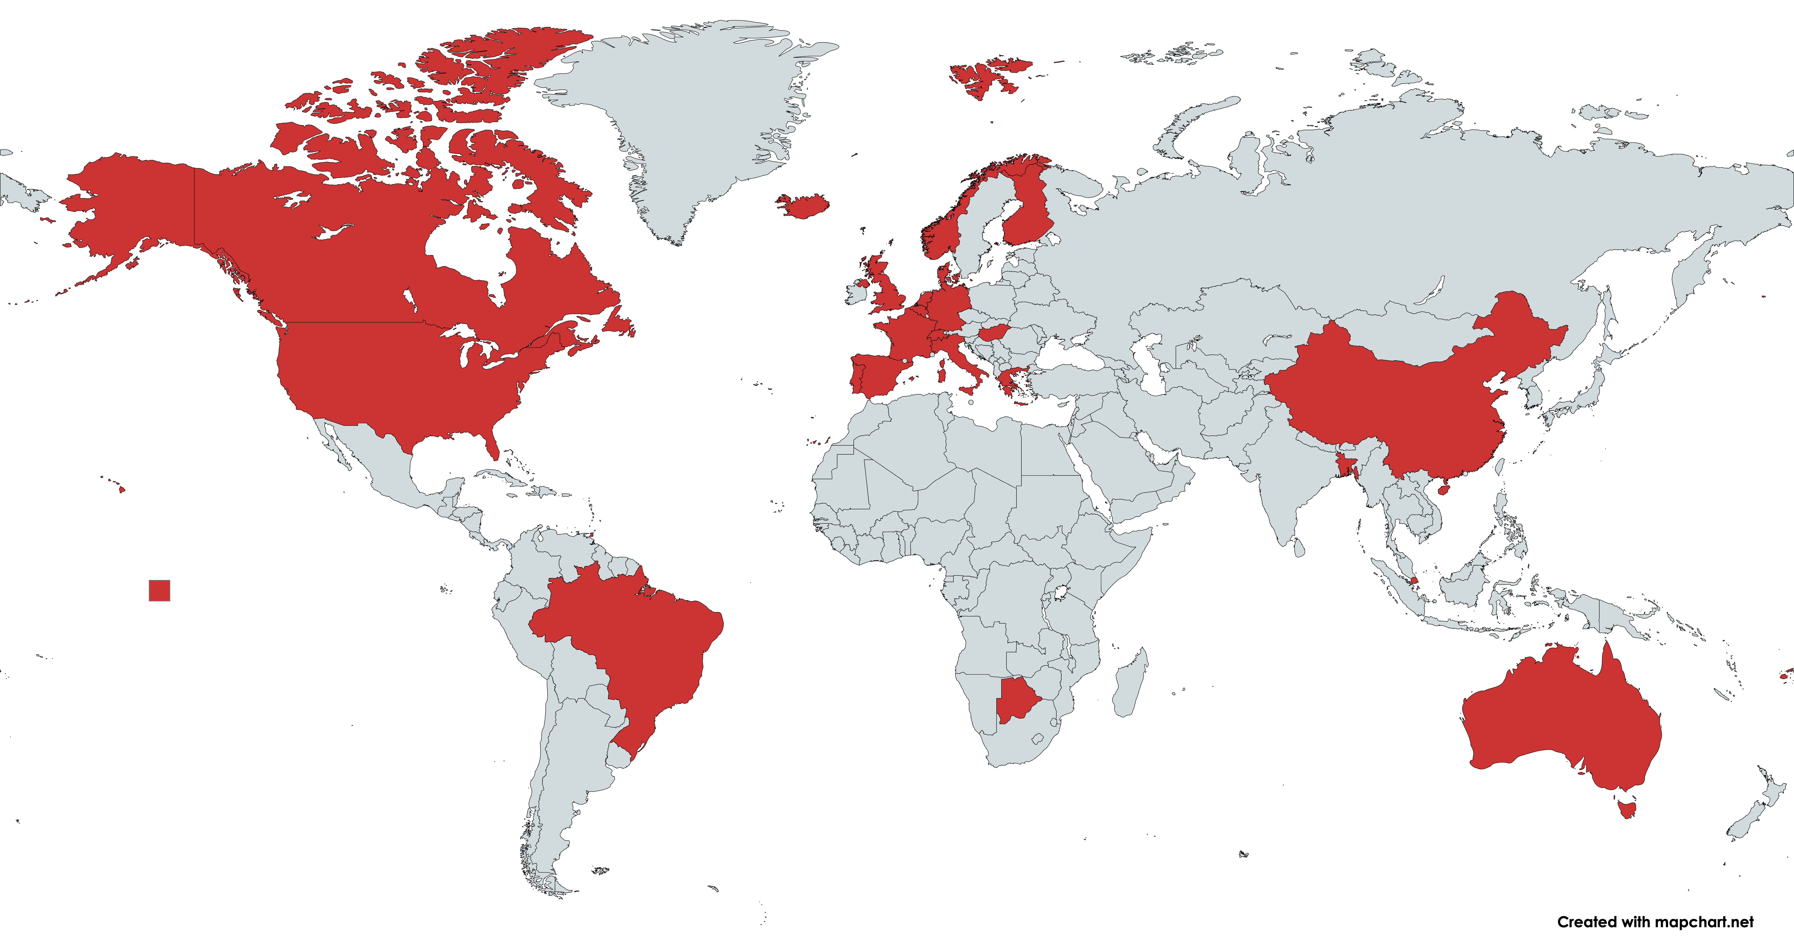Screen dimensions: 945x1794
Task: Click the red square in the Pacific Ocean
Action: coord(159,591)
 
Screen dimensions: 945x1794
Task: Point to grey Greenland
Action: coord(690,118)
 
